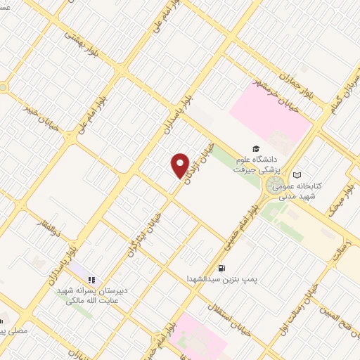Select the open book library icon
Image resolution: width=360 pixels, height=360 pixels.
[x=297, y=174]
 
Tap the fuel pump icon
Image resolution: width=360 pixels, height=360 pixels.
[x=222, y=268]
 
